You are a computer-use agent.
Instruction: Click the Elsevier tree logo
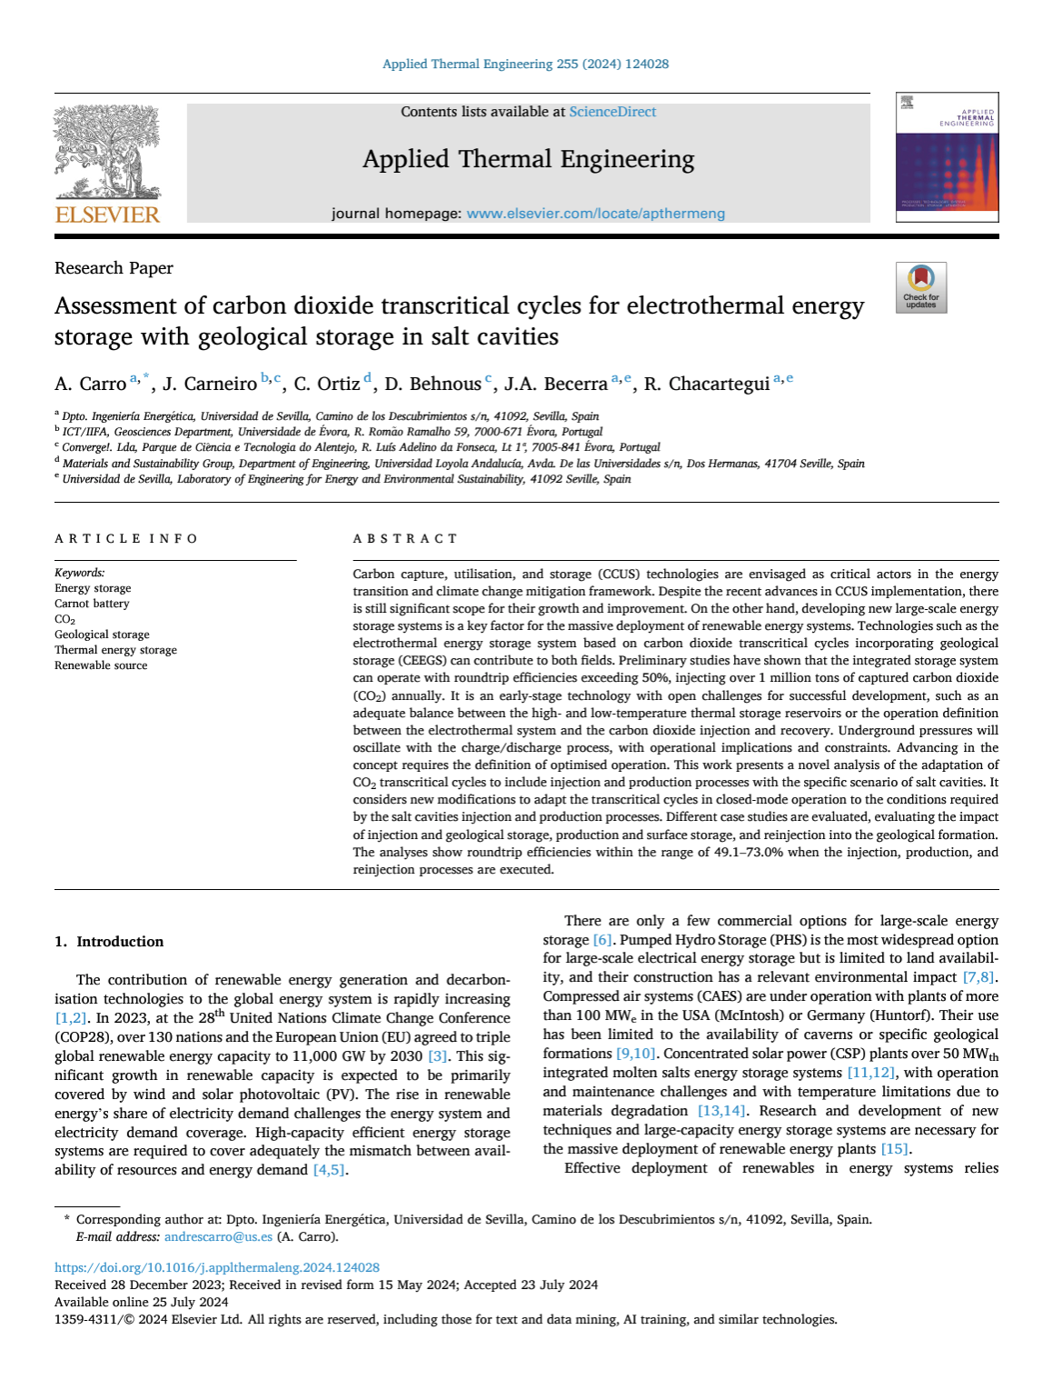[107, 152]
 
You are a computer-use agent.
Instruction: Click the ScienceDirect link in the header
[612, 112]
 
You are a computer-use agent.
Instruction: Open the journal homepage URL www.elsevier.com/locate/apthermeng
[595, 214]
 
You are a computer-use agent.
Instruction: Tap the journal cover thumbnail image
[947, 157]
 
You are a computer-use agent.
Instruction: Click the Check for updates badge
[921, 288]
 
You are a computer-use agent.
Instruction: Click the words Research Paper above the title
[114, 268]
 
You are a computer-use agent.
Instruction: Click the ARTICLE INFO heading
[126, 539]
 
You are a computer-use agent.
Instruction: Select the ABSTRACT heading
[405, 539]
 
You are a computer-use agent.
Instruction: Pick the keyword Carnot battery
[92, 604]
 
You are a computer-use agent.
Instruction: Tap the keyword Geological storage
[102, 635]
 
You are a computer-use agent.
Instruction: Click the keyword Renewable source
[101, 665]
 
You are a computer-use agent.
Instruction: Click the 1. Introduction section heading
[109, 942]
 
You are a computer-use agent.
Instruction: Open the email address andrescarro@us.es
[218, 1236]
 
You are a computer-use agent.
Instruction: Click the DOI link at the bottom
[217, 1267]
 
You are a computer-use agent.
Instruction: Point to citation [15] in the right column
[894, 1149]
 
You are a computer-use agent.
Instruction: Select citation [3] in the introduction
[438, 1056]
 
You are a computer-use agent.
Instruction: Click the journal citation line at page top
[525, 64]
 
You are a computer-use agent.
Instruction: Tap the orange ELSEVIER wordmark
[107, 215]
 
